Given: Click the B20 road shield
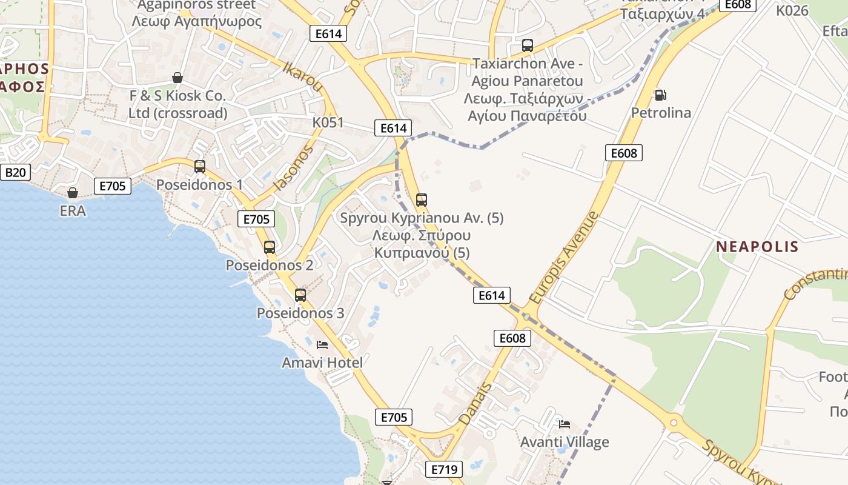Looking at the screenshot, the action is click(15, 173).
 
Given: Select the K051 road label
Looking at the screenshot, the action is click(328, 122).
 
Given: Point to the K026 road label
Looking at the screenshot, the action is click(792, 10).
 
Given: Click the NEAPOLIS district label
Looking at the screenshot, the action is click(757, 247).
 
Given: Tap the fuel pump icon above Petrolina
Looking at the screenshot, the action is click(660, 95).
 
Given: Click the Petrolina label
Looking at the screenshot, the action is click(661, 113).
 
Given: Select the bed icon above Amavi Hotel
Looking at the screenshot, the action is click(322, 345).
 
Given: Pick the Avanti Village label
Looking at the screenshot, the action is click(565, 442).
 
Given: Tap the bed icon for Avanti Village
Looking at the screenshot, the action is click(565, 424).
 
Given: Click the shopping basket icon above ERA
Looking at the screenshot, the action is click(73, 193).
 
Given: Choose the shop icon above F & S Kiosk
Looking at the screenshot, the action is click(177, 78).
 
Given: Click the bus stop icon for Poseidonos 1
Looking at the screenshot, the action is click(199, 166).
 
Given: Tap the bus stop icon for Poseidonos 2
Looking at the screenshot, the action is click(270, 247).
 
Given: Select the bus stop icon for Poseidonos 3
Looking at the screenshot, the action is click(300, 295).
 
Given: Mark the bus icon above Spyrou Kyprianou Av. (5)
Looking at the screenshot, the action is click(422, 199).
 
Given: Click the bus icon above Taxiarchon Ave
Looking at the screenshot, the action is click(527, 45).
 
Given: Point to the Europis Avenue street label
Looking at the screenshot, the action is click(563, 258).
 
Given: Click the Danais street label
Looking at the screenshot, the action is click(475, 404).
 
